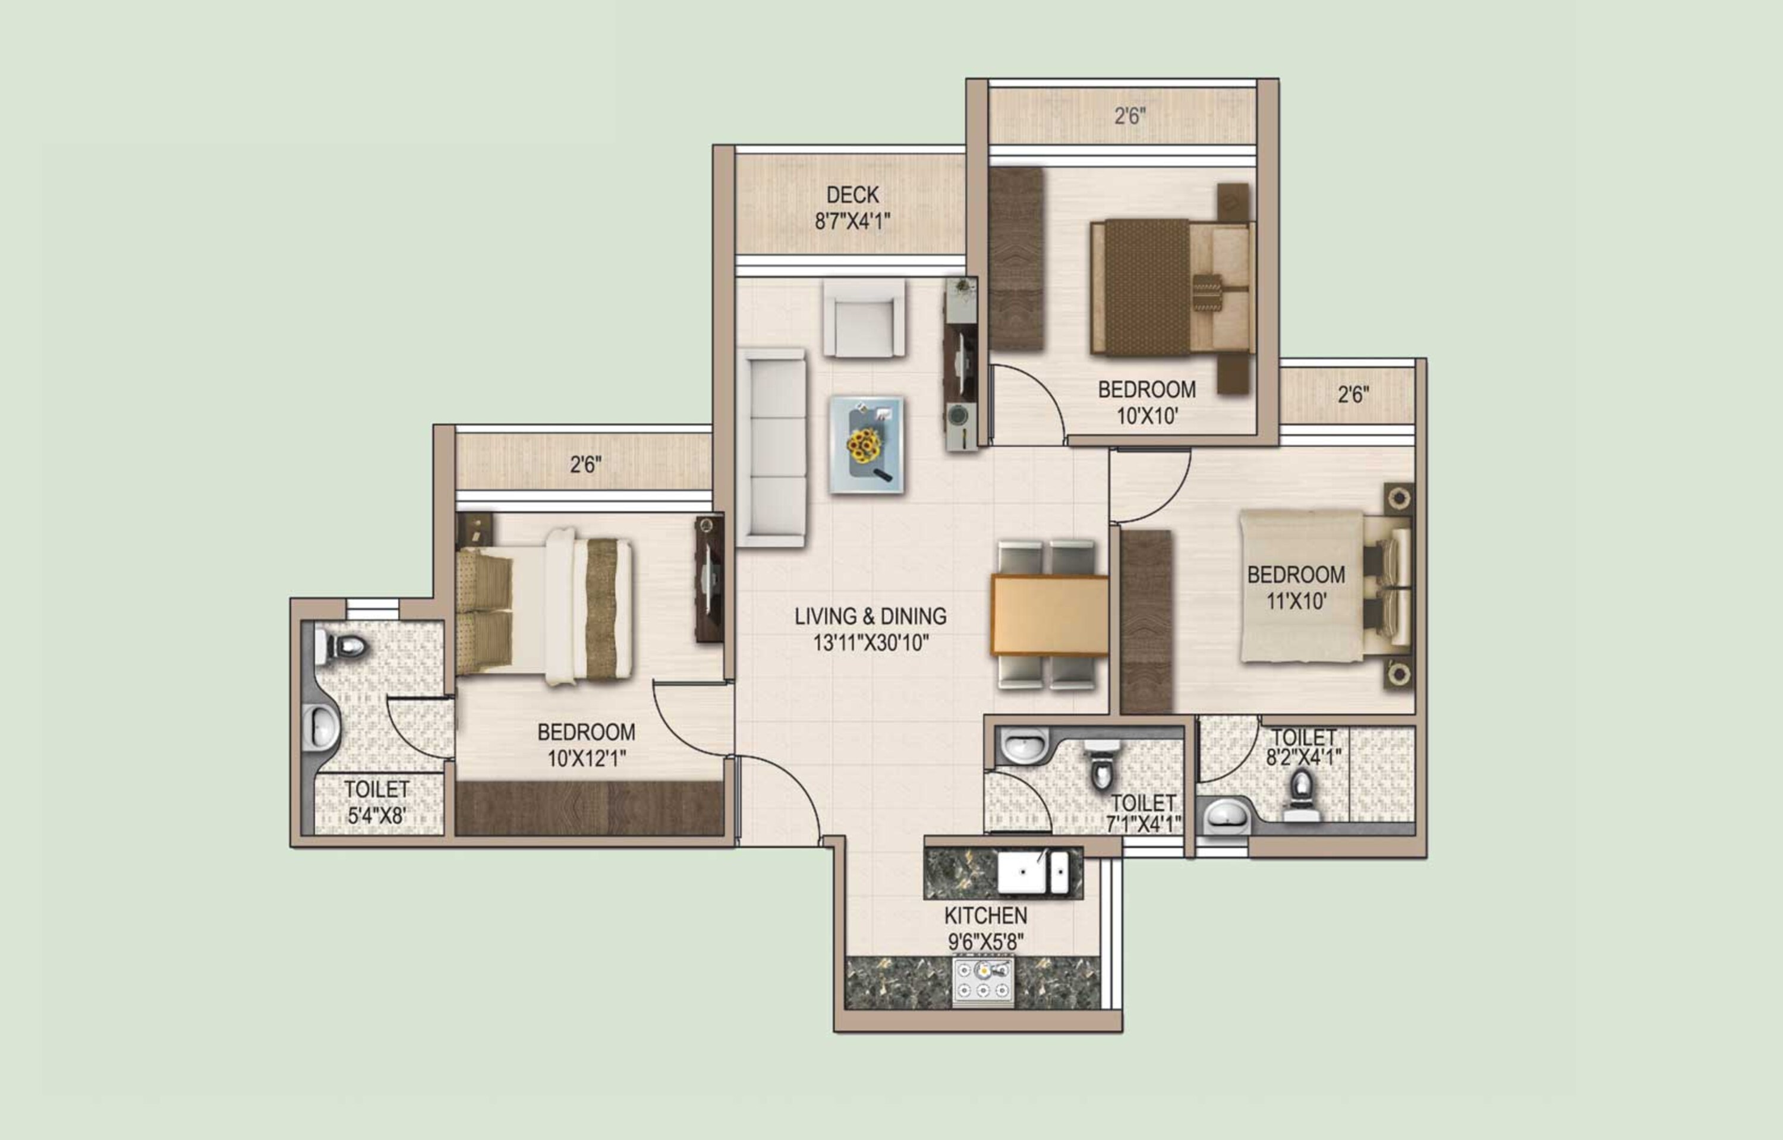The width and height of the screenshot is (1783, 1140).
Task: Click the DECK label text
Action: click(x=852, y=195)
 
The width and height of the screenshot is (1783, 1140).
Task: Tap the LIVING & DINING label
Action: click(x=870, y=616)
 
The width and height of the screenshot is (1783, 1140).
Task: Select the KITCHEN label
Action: click(x=985, y=916)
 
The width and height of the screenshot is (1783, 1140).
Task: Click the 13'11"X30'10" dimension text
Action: click(x=871, y=643)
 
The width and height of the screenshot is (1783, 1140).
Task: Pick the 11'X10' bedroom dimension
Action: click(x=1296, y=600)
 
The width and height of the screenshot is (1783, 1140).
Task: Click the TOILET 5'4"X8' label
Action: click(x=376, y=802)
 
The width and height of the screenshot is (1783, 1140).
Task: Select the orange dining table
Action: click(x=1049, y=615)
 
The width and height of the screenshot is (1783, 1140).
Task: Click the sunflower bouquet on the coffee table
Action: click(x=865, y=445)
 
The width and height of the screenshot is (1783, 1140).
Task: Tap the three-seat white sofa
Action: click(x=771, y=448)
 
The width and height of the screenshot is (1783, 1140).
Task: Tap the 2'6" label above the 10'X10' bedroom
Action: click(x=1130, y=115)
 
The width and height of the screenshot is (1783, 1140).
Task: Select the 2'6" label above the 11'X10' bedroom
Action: click(x=1353, y=394)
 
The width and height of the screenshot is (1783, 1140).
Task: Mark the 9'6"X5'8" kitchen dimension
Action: click(x=985, y=942)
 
